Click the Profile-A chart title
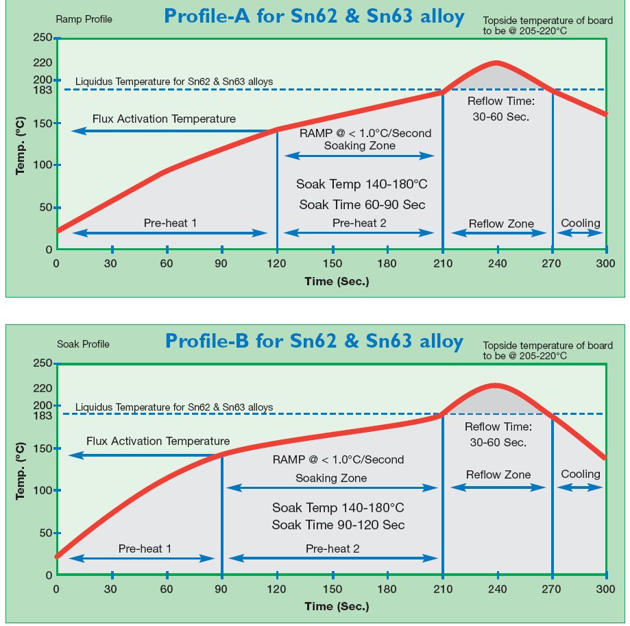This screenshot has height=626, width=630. [x=314, y=16]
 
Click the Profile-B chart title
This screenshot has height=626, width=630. [x=314, y=341]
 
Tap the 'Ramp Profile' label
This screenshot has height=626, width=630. [x=84, y=20]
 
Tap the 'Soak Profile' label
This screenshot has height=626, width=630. [x=83, y=344]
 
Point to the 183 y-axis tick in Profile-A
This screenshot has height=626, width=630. [x=43, y=90]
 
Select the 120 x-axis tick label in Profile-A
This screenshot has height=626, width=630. [x=277, y=264]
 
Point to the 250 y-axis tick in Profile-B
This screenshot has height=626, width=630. [x=43, y=363]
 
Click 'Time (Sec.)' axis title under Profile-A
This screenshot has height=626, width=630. [x=337, y=281]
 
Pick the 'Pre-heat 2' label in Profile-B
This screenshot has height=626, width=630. [x=332, y=549]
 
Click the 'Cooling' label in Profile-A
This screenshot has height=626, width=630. [x=580, y=223]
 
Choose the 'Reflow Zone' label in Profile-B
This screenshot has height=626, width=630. [x=498, y=474]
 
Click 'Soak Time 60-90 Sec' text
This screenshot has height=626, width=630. [x=362, y=204]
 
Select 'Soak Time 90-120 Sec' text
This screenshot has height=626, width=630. [x=338, y=525]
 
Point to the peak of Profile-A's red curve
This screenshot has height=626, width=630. [x=496, y=63]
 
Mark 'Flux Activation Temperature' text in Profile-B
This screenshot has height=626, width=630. [x=158, y=441]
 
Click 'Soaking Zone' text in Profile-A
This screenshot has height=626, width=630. [x=359, y=145]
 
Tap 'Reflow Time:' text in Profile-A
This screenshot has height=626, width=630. [x=500, y=101]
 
